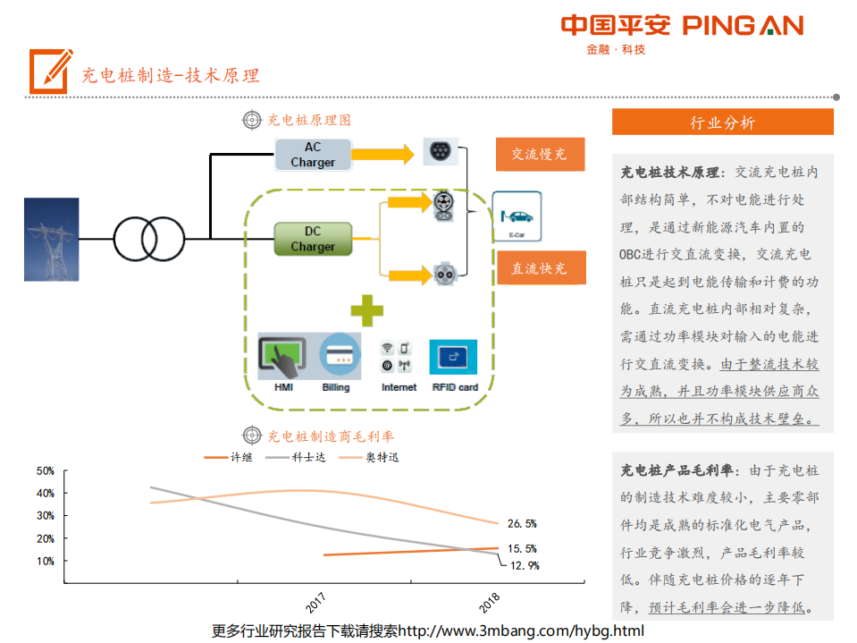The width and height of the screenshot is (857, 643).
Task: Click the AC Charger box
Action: pos(312,155)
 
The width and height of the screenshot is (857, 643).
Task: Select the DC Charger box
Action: pos(312,239)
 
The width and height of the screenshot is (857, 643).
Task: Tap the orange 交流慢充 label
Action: pos(540,154)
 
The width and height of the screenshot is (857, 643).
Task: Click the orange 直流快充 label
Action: pos(540,268)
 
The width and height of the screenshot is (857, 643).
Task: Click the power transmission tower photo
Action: pos(52,239)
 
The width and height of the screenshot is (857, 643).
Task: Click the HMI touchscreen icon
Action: pos(283,356)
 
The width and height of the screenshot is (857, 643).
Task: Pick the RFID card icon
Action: pos(454,357)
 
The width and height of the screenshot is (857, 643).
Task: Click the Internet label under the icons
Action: pos(399,387)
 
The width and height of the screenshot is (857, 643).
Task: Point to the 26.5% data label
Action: pos(522,524)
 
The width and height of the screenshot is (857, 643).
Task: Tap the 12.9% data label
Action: pos(524,565)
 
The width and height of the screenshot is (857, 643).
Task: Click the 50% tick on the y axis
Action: pos(45,470)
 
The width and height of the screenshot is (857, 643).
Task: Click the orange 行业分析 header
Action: pos(722,123)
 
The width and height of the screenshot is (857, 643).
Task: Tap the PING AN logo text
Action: pos(743,26)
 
